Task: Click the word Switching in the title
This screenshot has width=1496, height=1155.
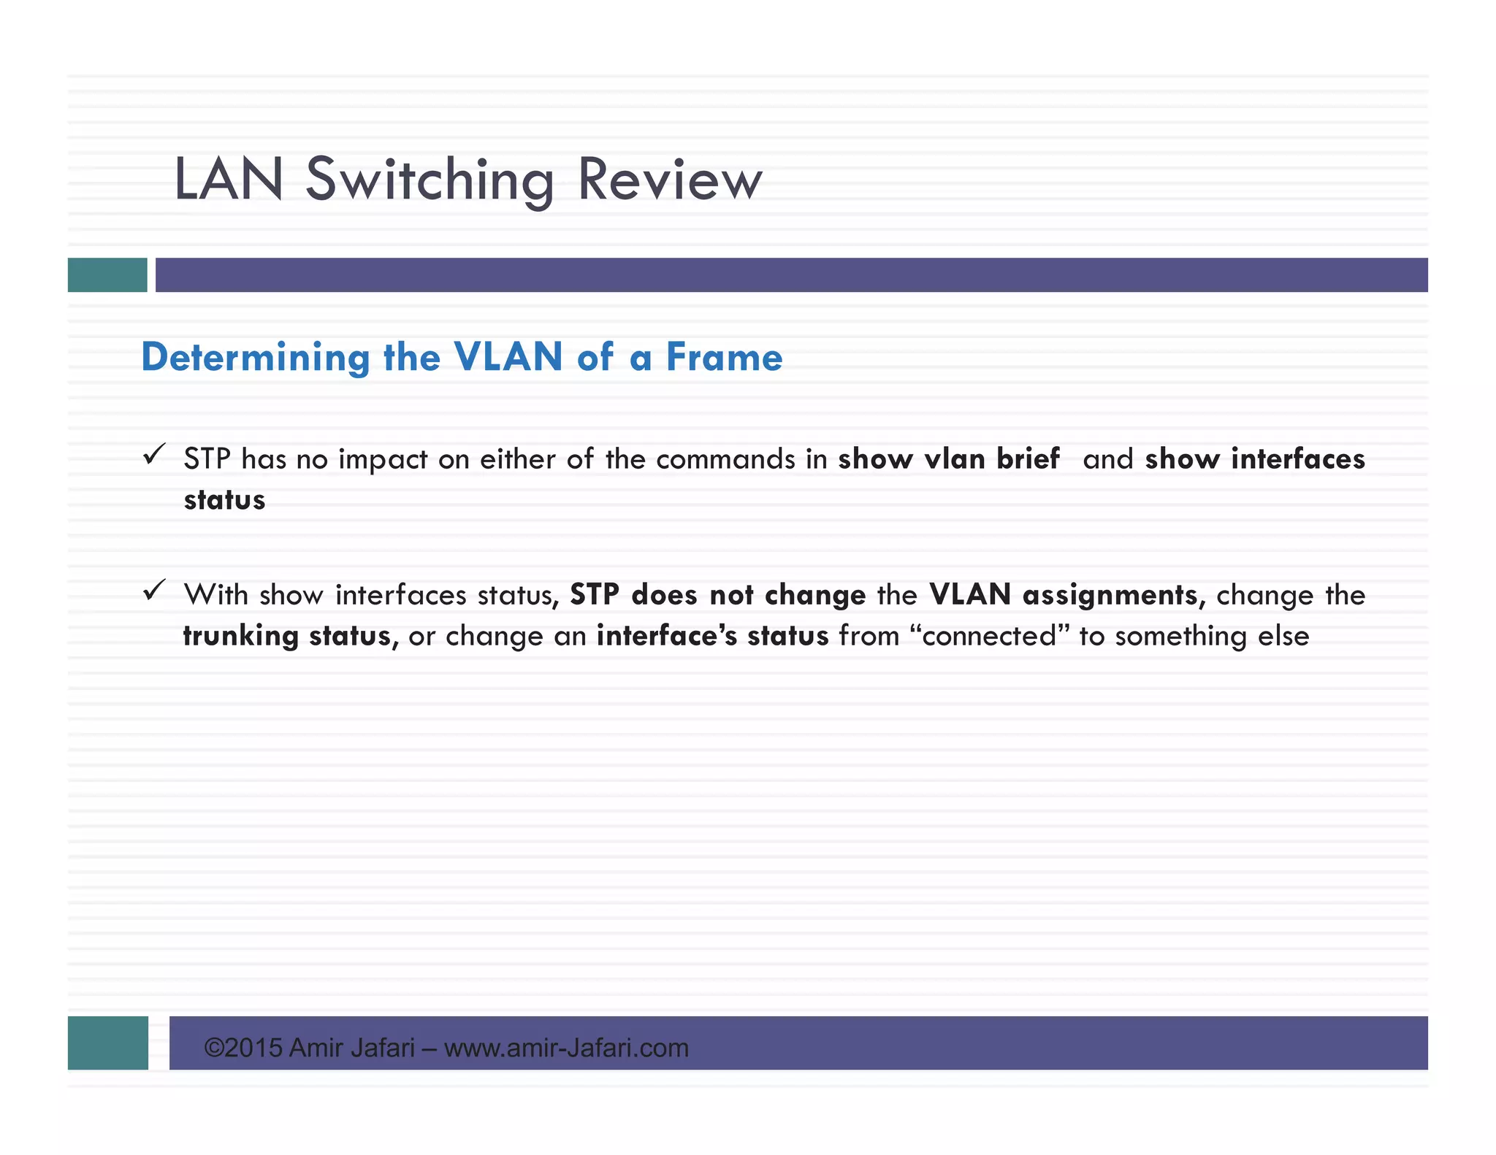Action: pos(430,180)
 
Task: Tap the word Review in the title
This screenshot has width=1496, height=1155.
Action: pos(669,180)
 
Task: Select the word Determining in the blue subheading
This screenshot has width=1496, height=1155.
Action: pos(256,358)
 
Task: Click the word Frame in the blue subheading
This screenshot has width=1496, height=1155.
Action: pos(724,358)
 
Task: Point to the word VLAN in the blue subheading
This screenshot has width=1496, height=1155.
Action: pos(508,358)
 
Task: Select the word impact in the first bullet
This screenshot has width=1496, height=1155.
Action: pos(383,460)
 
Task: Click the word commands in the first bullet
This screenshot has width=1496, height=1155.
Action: pos(725,460)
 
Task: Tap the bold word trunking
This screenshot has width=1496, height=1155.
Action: pos(240,637)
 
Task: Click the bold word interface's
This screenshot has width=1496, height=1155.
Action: pos(667,637)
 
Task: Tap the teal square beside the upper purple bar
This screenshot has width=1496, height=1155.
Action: pos(107,275)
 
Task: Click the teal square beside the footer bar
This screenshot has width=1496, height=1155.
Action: pos(108,1043)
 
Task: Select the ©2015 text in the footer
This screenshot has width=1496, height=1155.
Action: pos(243,1048)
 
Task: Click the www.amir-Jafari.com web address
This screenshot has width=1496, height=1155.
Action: pos(566,1048)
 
